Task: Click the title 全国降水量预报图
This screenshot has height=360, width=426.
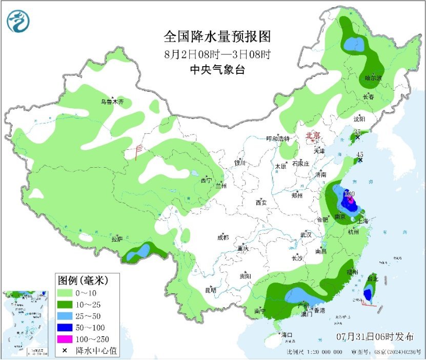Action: click(216, 37)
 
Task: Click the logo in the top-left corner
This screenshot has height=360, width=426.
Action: click(18, 21)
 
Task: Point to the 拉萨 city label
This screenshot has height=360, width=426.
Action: click(117, 239)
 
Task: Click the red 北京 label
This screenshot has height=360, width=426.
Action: click(313, 136)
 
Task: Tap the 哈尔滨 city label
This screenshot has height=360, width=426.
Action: click(373, 78)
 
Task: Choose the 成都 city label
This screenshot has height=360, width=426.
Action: click(224, 237)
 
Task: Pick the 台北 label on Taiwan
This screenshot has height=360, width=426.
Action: click(373, 279)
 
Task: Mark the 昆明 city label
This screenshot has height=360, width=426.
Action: click(211, 290)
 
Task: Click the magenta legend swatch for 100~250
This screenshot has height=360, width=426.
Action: click(65, 338)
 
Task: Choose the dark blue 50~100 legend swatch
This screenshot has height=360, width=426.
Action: click(65, 327)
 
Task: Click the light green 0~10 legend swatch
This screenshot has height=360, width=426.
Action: click(65, 293)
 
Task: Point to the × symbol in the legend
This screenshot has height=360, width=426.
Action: click(65, 350)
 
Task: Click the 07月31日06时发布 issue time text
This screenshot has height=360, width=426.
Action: click(375, 337)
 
